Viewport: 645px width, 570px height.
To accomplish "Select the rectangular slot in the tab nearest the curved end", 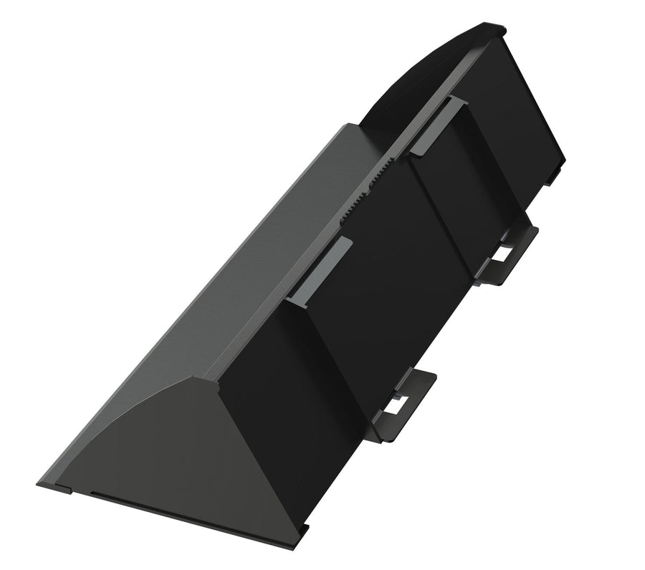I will (505, 252).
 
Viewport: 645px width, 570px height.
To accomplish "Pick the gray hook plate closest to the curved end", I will (438, 126).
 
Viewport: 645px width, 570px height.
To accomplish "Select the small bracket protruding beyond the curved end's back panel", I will (553, 175).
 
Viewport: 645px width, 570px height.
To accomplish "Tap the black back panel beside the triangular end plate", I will (287, 387).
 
